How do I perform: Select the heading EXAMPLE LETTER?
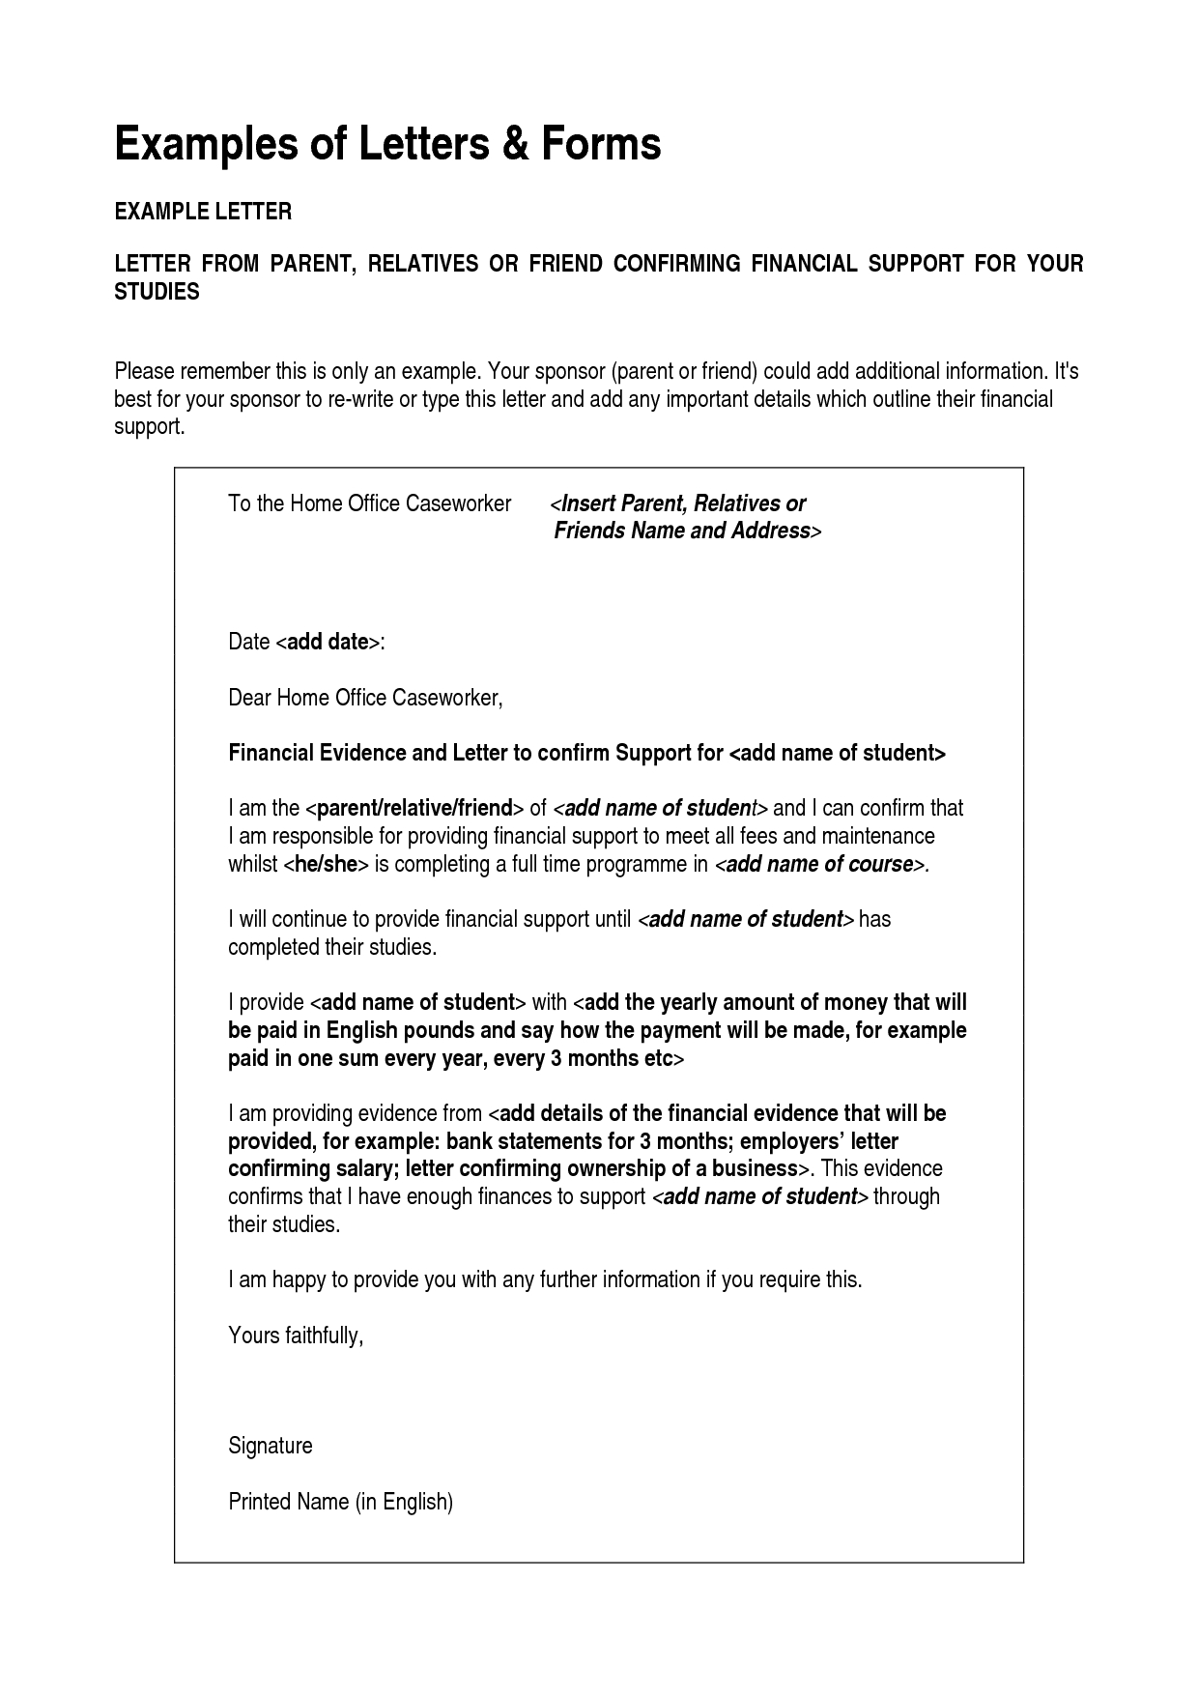click(203, 212)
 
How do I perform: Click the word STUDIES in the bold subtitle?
click(157, 292)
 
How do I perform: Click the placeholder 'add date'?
click(328, 642)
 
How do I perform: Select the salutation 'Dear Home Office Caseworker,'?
click(365, 698)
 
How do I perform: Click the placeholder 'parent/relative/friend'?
click(414, 809)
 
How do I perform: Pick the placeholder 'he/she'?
click(326, 864)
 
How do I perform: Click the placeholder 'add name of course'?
click(819, 864)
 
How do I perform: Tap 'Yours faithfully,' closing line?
click(296, 1336)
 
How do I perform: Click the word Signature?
click(270, 1446)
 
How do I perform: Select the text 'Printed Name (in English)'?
click(340, 1502)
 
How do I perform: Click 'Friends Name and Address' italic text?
click(681, 531)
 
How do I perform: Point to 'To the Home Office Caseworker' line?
click(369, 503)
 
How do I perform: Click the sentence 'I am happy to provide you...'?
click(544, 1280)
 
